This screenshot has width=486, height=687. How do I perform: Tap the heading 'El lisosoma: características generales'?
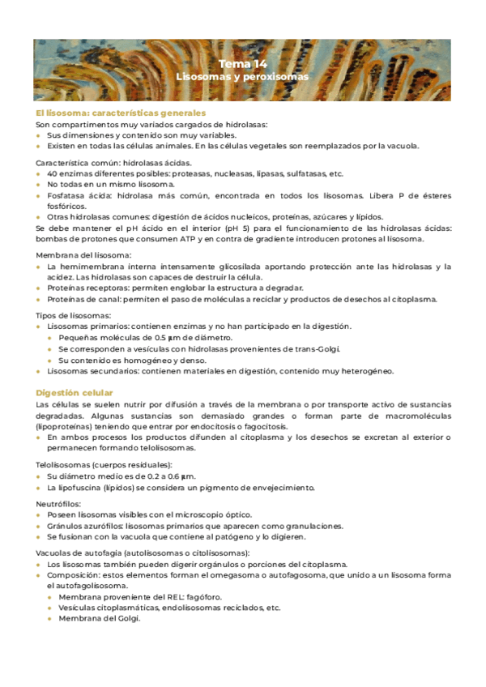point(121,113)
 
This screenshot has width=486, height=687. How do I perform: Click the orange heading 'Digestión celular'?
point(75,392)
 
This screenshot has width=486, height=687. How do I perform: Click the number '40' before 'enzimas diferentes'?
point(53,173)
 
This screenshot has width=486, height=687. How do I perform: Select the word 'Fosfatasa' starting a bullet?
point(66,196)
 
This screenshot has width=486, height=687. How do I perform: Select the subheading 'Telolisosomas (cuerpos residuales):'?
point(104,464)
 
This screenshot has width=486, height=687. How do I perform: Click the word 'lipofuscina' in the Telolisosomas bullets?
point(83,488)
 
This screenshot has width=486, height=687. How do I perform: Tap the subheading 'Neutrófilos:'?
point(59,503)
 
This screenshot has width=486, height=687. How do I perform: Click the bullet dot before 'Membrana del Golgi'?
point(50,619)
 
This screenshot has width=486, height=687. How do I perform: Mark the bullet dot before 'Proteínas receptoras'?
point(39,288)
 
